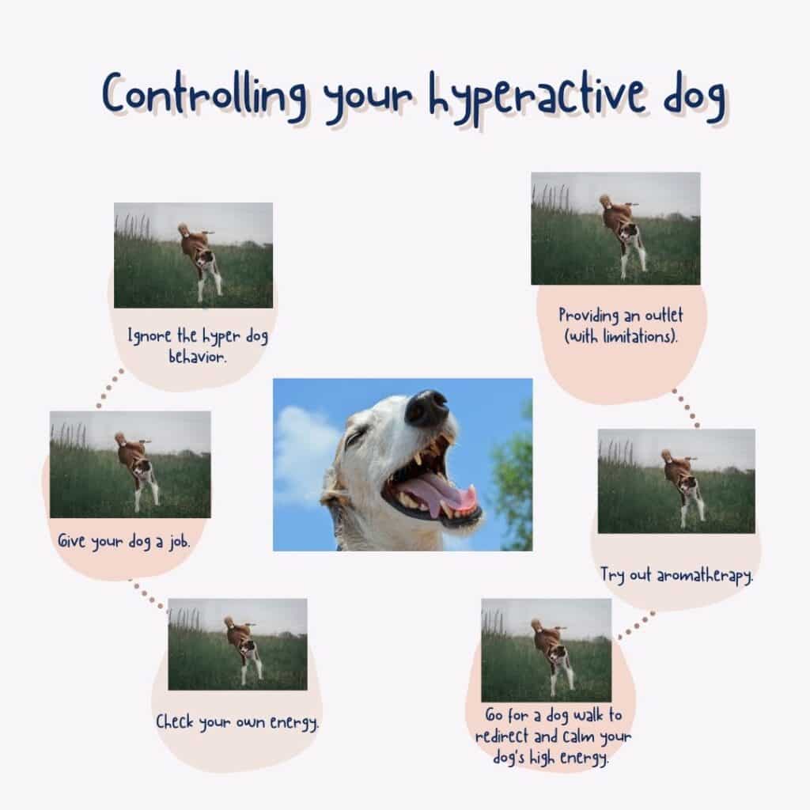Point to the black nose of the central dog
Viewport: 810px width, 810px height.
427,406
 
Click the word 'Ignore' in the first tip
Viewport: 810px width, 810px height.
146,337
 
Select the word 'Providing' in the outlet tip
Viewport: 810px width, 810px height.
587,315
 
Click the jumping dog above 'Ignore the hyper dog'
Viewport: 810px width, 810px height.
199,257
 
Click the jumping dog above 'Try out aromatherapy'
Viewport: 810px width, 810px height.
683,483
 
